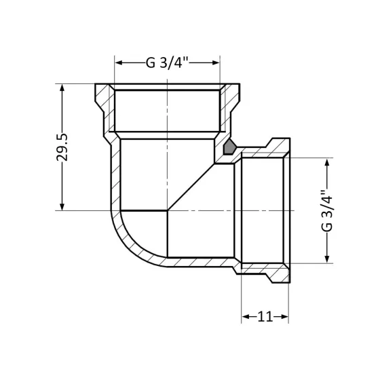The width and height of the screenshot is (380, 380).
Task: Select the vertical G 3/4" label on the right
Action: [328, 211]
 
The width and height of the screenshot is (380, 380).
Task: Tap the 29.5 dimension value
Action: [63, 147]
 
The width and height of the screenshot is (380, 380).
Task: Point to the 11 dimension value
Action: [265, 316]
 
